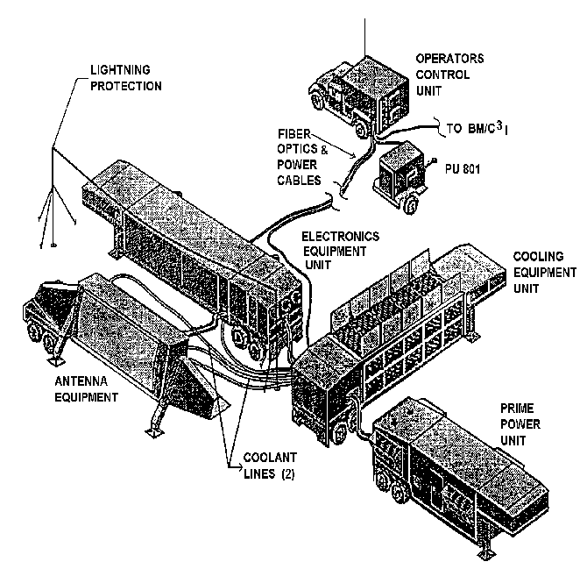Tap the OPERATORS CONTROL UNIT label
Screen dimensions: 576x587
[x=449, y=75]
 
